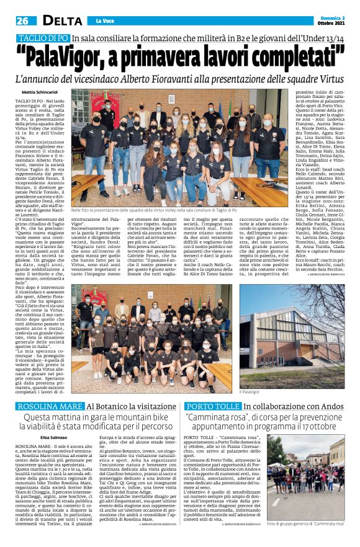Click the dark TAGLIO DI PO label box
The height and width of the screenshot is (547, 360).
41,38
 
